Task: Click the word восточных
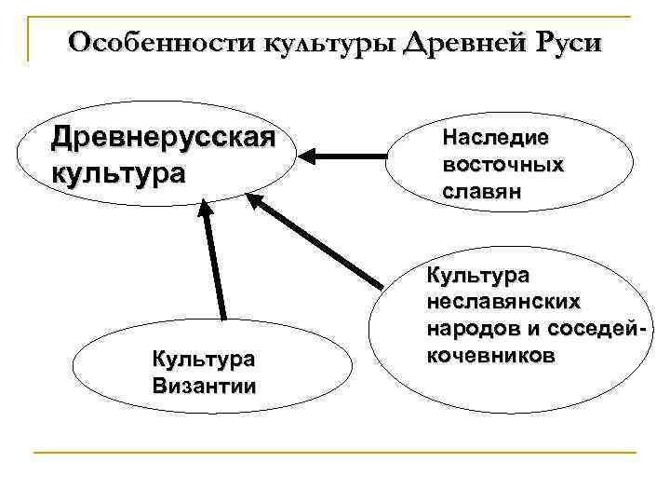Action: pos(503,164)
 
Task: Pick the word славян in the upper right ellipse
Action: pos(482,191)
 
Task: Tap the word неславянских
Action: pos(503,303)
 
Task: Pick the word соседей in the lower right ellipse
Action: pos(596,329)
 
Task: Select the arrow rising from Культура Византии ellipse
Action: pos(215,265)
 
